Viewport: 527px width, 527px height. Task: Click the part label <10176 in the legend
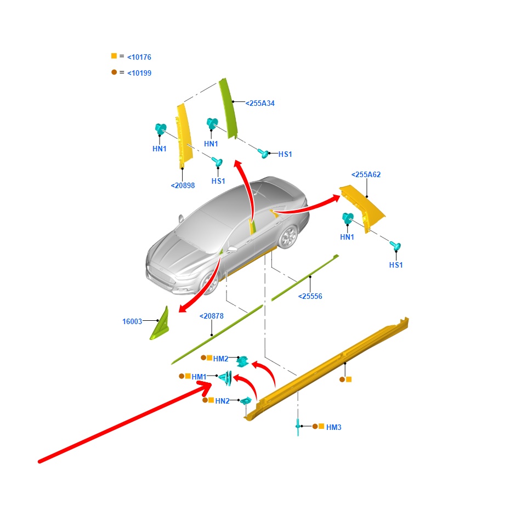pos(139,57)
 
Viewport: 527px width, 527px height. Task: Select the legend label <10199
pos(139,73)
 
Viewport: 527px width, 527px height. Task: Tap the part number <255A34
pos(260,103)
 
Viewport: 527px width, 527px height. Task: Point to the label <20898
pos(183,185)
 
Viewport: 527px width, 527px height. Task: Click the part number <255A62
pos(366,174)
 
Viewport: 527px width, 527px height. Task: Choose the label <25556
pos(310,296)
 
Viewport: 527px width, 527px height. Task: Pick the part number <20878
pos(212,316)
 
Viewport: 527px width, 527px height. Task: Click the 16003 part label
pos(132,321)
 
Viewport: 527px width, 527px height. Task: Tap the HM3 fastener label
pos(334,427)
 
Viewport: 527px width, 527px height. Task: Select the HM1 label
pos(199,377)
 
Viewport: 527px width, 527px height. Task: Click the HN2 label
pos(222,401)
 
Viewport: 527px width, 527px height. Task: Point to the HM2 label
pos(220,359)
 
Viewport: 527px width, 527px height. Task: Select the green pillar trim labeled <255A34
pos(228,108)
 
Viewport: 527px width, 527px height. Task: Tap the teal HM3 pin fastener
pos(298,427)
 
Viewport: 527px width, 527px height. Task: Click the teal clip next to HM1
pos(226,378)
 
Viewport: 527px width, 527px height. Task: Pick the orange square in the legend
pos(114,56)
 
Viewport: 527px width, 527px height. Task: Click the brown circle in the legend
pos(114,72)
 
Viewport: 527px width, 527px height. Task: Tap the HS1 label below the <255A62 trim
pos(396,265)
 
